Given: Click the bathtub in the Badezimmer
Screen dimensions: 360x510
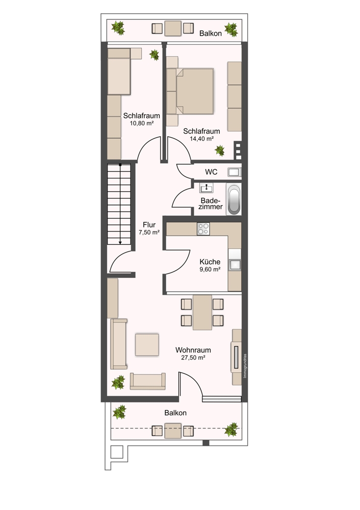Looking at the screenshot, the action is click(x=234, y=199).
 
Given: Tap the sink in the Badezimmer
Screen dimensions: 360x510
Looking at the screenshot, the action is click(x=206, y=188).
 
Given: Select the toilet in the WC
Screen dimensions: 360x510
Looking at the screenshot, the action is click(x=234, y=172).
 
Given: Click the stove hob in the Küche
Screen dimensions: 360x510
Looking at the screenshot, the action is click(x=203, y=228).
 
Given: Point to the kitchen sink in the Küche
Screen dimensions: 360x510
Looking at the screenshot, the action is click(x=235, y=265).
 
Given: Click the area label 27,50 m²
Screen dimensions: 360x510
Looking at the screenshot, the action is click(x=193, y=358).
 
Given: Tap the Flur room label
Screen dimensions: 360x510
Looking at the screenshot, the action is click(x=149, y=225).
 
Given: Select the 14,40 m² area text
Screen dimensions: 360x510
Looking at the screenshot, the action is click(x=201, y=139).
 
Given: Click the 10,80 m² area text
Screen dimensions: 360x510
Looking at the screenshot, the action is click(x=141, y=123).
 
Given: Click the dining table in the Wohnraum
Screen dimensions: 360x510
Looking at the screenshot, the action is click(x=202, y=312).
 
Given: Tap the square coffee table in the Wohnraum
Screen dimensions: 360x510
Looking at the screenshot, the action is click(x=147, y=344).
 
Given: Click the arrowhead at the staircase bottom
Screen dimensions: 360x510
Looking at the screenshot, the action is click(x=120, y=242).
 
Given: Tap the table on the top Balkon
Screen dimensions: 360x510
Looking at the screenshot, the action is click(x=173, y=28).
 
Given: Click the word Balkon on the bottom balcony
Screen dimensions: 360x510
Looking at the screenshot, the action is click(x=175, y=413).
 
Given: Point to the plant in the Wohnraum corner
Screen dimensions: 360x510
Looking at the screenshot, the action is click(x=118, y=382).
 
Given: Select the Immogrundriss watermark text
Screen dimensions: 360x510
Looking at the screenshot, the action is click(x=245, y=366).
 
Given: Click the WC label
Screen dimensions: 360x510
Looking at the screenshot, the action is click(x=211, y=172).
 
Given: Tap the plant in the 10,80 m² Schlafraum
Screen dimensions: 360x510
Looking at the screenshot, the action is click(x=154, y=55).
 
